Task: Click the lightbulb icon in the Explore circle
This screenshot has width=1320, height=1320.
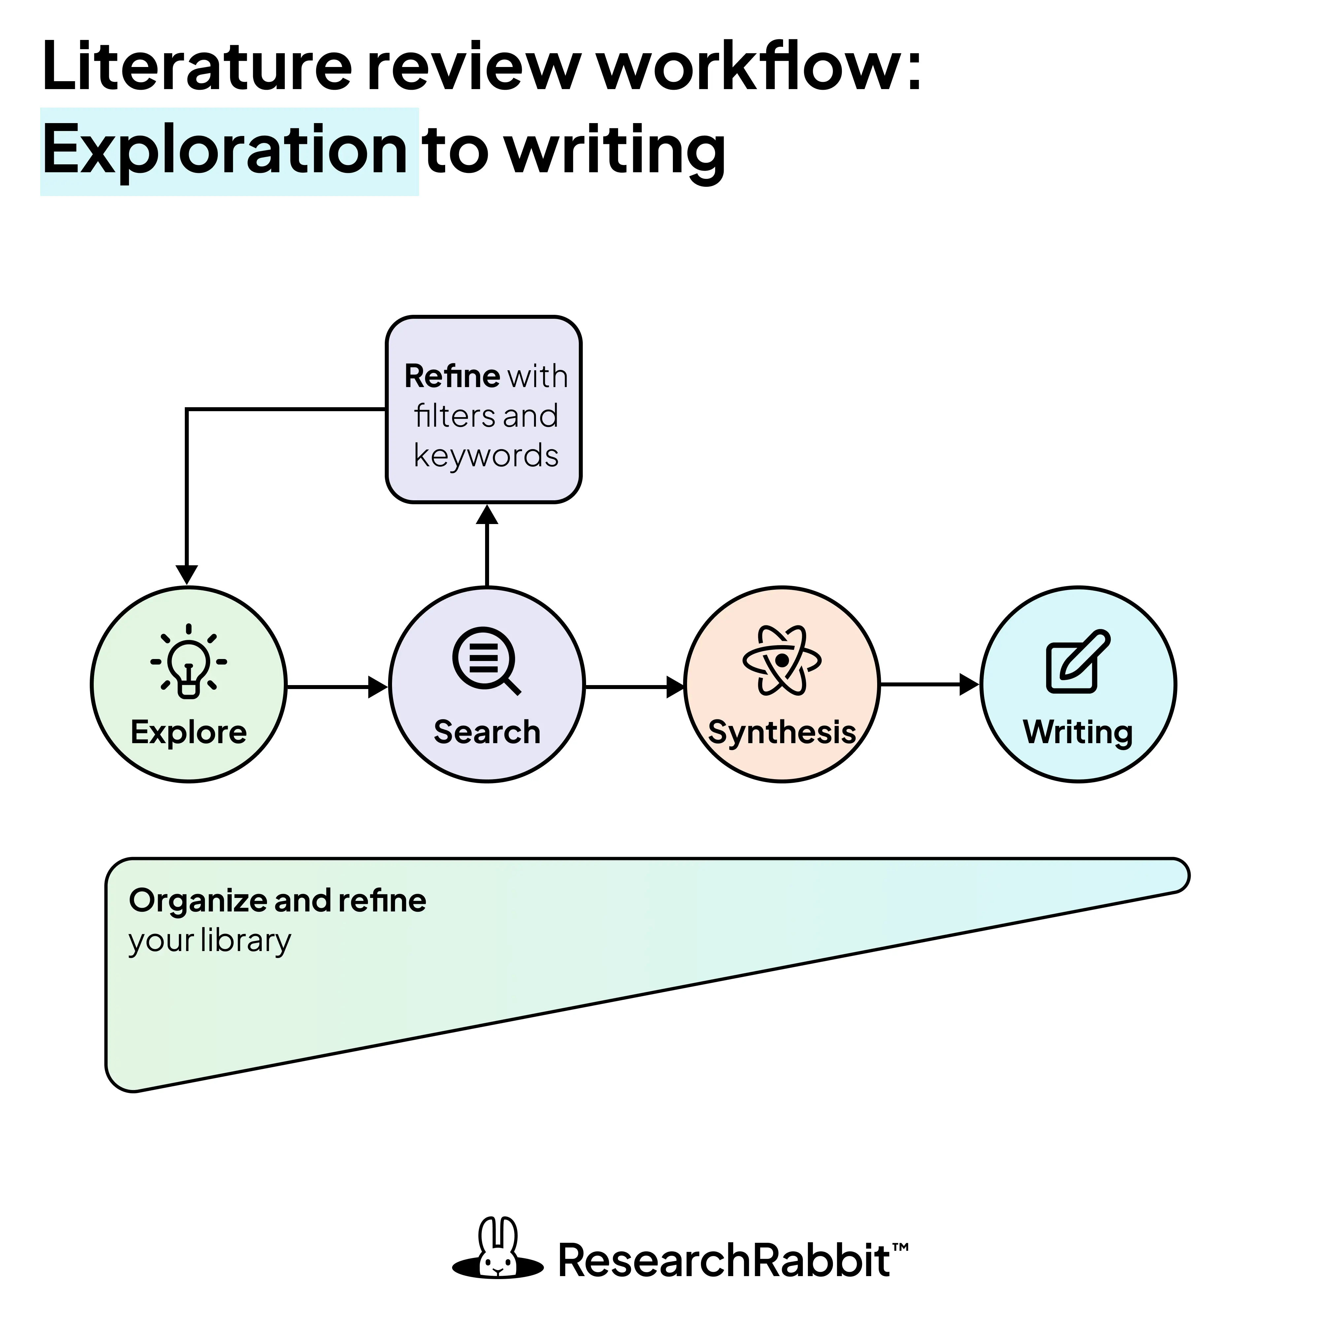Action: click(188, 661)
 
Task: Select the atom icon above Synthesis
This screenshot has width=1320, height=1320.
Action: click(782, 660)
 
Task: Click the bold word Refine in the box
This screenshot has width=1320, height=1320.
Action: click(452, 377)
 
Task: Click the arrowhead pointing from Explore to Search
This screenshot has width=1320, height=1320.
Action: click(377, 687)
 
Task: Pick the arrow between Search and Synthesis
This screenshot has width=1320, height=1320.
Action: click(635, 687)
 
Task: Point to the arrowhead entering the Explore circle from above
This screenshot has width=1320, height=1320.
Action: click(186, 574)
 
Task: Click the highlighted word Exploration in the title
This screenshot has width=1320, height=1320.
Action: click(225, 150)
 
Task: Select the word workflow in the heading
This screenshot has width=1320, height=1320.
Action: click(751, 67)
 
